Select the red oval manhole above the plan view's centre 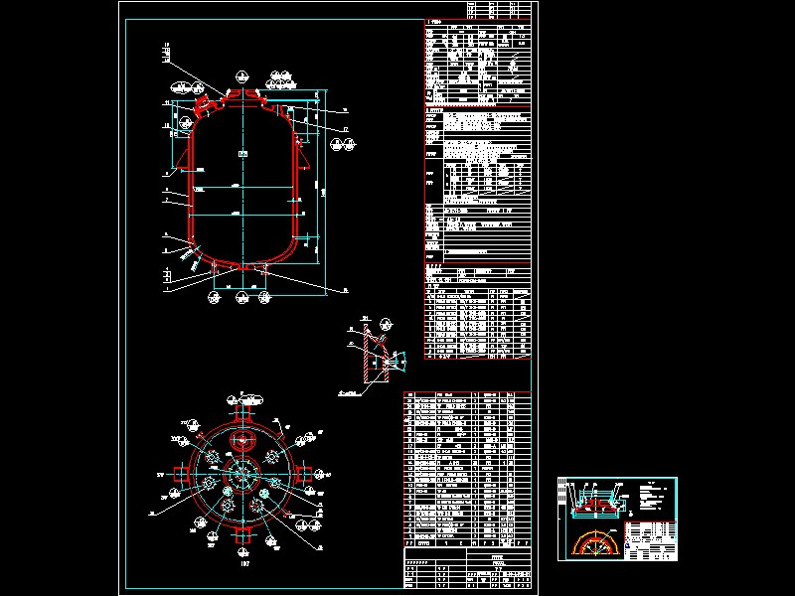click(x=241, y=441)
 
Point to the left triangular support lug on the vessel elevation click(x=185, y=157)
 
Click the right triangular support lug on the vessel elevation click(x=302, y=157)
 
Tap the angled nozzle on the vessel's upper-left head click(x=209, y=102)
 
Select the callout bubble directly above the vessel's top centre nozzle click(x=241, y=74)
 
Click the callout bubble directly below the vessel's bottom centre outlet click(x=241, y=297)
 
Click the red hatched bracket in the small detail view click(x=375, y=358)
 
